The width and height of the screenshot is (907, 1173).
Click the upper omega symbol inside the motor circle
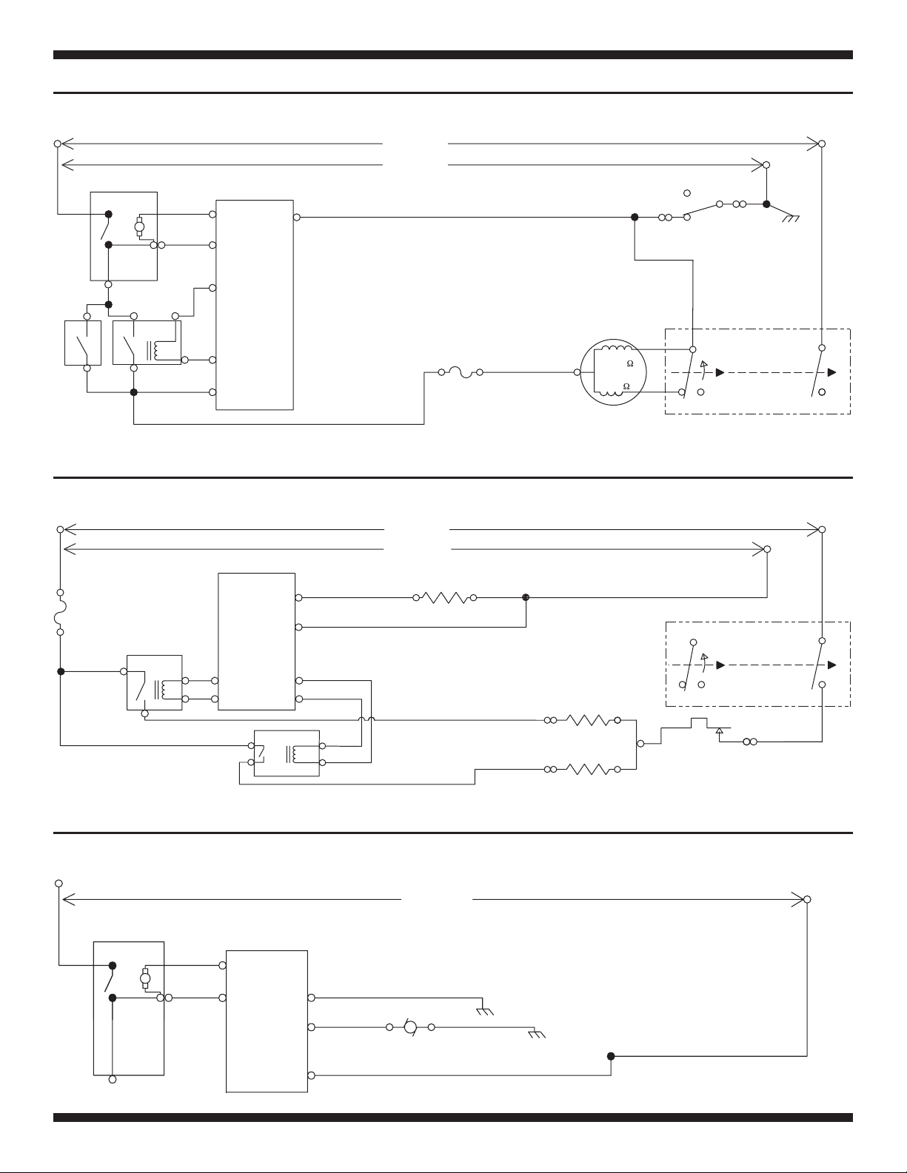pyautogui.click(x=629, y=364)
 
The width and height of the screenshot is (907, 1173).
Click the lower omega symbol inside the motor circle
pyautogui.click(x=626, y=386)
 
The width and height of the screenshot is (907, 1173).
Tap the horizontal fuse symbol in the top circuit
pyautogui.click(x=461, y=372)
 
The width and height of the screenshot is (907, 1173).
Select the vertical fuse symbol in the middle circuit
pyautogui.click(x=61, y=612)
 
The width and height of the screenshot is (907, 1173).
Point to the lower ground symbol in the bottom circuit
pyautogui.click(x=537, y=1035)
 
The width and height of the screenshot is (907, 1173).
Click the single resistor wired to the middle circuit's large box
pyautogui.click(x=445, y=597)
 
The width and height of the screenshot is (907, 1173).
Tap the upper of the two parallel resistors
pyautogui.click(x=589, y=720)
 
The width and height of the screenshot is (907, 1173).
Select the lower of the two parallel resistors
pyautogui.click(x=589, y=769)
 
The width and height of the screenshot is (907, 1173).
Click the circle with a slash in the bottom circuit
pyautogui.click(x=411, y=1027)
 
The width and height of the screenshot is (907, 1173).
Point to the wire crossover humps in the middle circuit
pyautogui.click(x=367, y=719)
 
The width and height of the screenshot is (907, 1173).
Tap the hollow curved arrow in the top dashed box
pyautogui.click(x=703, y=368)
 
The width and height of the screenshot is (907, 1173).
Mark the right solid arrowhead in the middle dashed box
pyautogui.click(x=832, y=665)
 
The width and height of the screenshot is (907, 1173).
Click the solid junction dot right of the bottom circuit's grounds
pyautogui.click(x=611, y=1056)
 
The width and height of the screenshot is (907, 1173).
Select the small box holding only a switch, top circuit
pyautogui.click(x=83, y=343)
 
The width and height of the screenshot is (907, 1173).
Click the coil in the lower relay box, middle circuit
pyautogui.click(x=295, y=754)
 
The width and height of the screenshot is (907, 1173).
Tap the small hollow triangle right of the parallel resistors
pyautogui.click(x=719, y=730)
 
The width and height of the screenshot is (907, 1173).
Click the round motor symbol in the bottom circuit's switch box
pyautogui.click(x=144, y=978)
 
